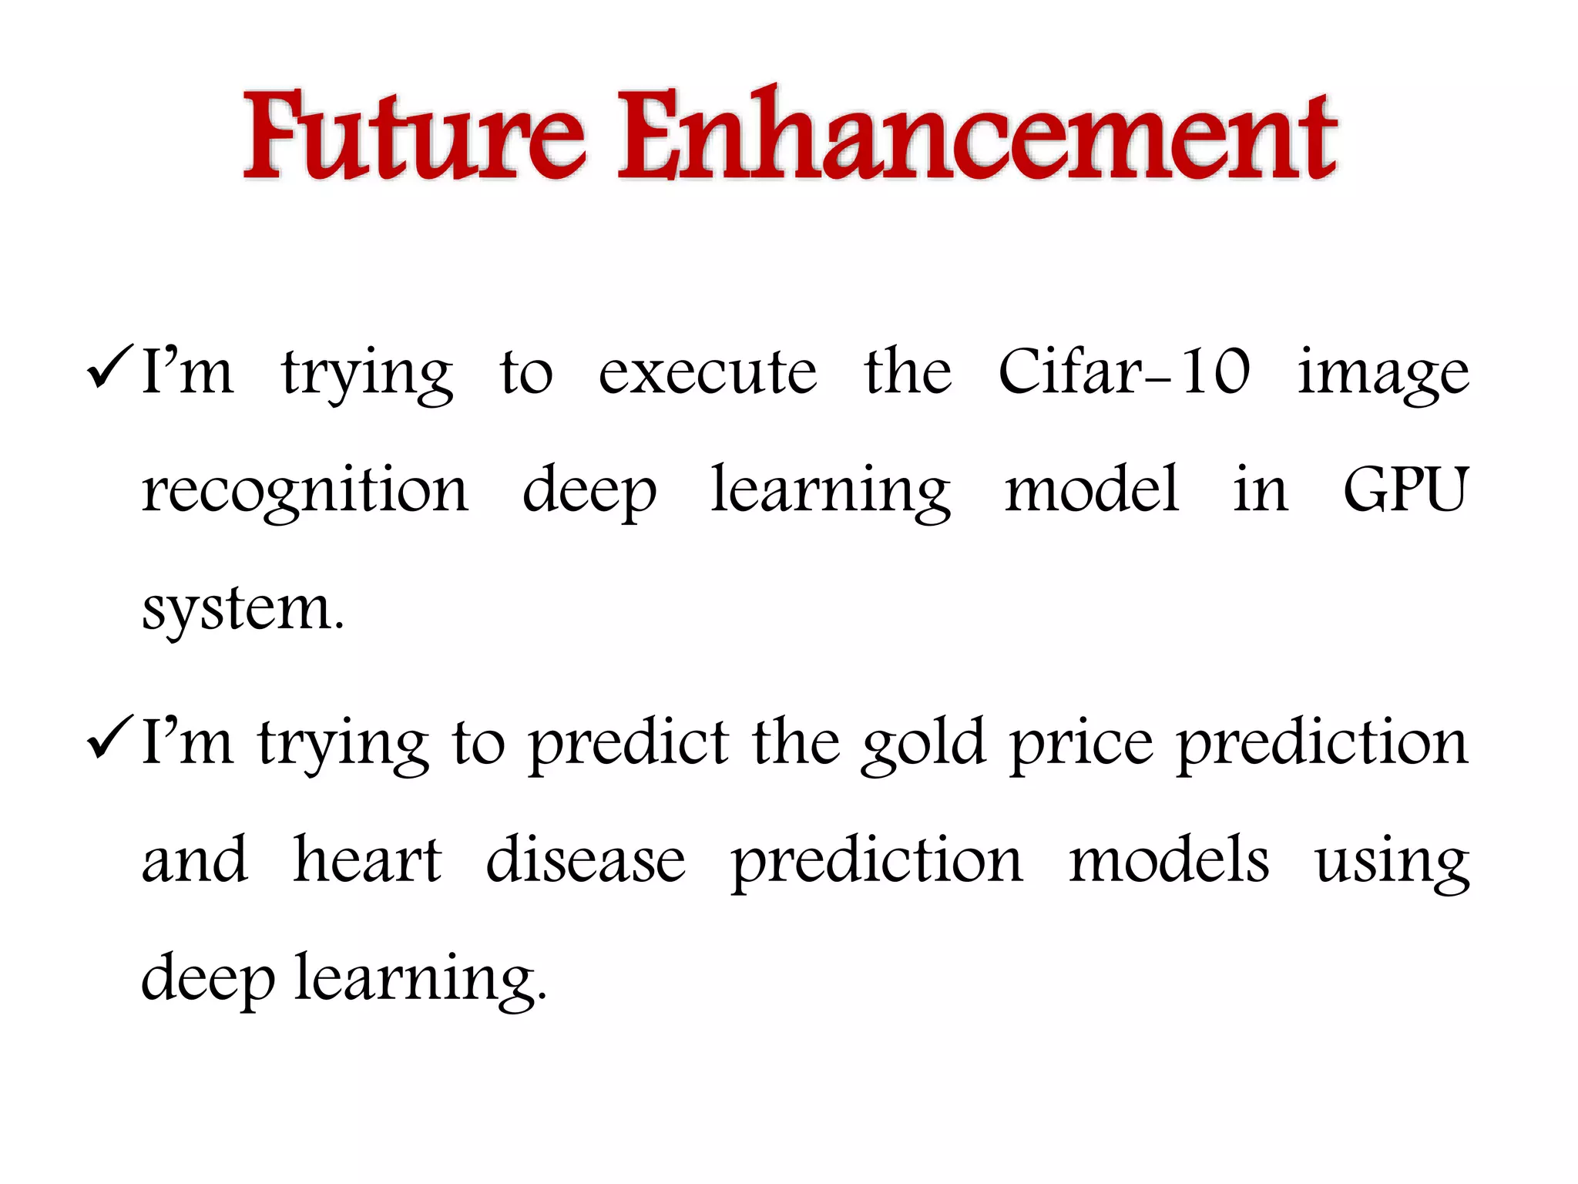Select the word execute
[x=707, y=373]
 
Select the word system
[x=242, y=609]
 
